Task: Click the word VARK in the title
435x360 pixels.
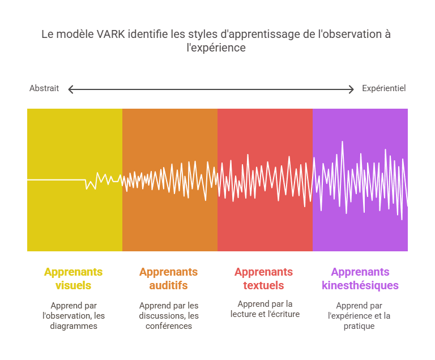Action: [x=110, y=35]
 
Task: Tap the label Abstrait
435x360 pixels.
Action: [x=44, y=88]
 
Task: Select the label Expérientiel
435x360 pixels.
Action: [x=383, y=88]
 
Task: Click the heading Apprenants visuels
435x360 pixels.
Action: [x=73, y=278]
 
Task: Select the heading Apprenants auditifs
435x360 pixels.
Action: [x=168, y=278]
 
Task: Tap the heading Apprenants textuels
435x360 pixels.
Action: [x=263, y=278]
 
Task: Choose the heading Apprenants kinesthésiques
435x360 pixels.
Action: [x=360, y=278]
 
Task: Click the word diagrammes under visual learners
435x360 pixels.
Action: [x=74, y=326]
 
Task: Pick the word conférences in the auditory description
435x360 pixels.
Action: [x=169, y=326]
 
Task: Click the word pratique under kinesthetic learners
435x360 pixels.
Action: [x=359, y=326]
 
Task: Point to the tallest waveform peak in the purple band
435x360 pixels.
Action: [x=342, y=142]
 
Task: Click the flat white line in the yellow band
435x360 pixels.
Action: [x=56, y=180]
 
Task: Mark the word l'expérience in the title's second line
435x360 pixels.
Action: [x=216, y=48]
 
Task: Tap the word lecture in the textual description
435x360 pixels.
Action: [x=244, y=314]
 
